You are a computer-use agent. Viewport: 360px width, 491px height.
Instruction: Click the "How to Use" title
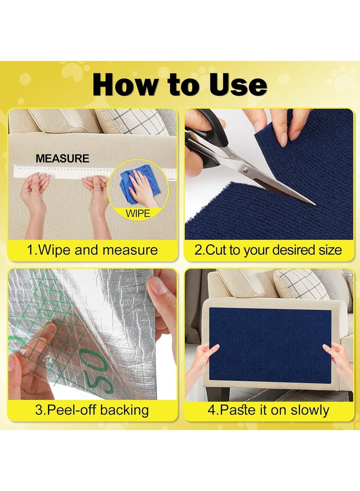(180, 85)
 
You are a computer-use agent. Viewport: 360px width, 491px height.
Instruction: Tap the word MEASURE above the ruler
(63, 158)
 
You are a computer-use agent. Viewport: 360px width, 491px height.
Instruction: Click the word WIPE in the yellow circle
(138, 213)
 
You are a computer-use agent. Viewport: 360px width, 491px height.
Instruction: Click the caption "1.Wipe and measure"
(92, 250)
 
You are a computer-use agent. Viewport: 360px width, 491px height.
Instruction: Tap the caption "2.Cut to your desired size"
(268, 250)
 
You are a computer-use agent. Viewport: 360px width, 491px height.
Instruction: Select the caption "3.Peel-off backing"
(92, 410)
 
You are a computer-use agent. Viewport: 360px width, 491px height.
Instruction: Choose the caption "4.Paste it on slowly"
(268, 410)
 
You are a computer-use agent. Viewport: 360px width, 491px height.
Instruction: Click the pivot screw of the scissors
(245, 170)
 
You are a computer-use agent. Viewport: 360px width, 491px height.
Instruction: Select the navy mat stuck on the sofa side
(270, 344)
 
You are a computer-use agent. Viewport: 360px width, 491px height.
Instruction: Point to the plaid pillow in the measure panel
(135, 121)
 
